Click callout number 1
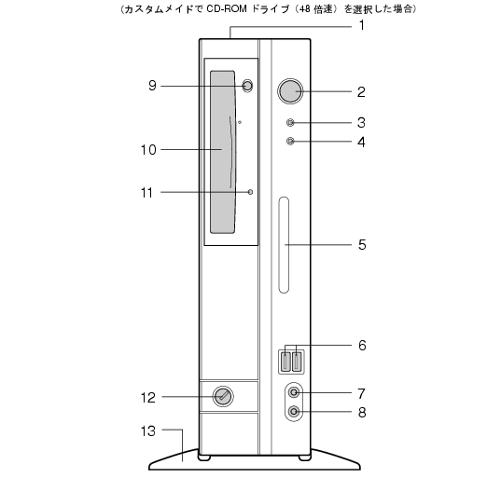pos(361,25)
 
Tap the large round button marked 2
pos(290,91)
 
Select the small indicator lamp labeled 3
pos(290,123)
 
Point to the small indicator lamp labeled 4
pos(290,141)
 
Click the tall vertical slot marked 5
pos(284,245)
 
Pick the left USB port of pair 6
pos(286,362)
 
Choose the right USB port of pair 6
pos(298,362)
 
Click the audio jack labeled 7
pos(294,392)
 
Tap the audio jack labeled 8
pos(294,411)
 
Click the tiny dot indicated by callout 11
pos(250,192)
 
